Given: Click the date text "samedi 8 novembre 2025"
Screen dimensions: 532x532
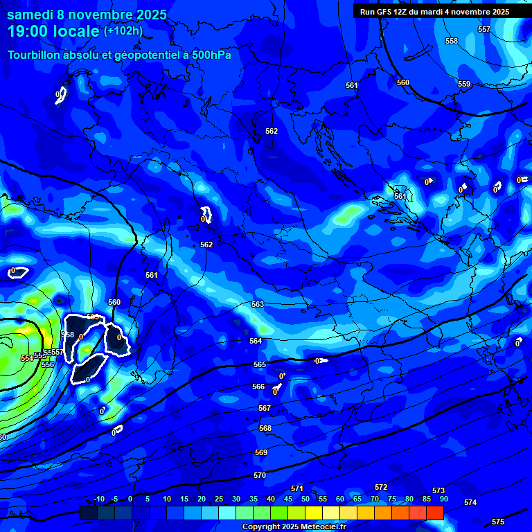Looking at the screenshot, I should coord(87,14).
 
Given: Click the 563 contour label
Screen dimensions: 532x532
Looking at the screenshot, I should coord(258,304).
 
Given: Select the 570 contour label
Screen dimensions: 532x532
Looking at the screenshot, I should coord(260,475).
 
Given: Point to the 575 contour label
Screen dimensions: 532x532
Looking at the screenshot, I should coord(498,521).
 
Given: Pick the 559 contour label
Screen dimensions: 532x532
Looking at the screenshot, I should coord(464,84).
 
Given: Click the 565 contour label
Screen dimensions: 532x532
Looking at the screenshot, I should coord(260,364).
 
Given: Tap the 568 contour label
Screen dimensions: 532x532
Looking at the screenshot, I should coord(265,428).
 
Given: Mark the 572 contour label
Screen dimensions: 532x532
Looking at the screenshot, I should coord(381,487).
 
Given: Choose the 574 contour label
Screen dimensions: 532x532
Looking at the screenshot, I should coord(470,502).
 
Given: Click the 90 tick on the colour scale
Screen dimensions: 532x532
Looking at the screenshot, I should coord(443,499).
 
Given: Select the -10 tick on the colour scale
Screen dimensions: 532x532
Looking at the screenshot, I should coord(98,499).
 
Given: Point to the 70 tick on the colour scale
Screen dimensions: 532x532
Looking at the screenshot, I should coord(375,499).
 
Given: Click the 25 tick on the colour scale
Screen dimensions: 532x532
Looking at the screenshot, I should coord(219,499).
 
